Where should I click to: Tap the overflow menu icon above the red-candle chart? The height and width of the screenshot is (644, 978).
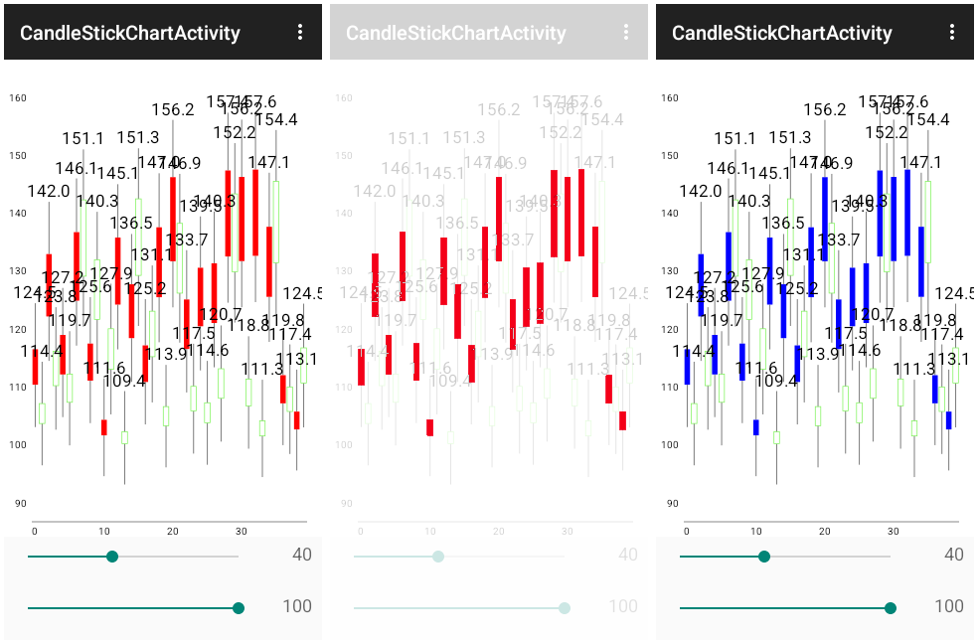[x=300, y=33]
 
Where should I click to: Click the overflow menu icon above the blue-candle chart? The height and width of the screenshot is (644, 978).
[x=952, y=33]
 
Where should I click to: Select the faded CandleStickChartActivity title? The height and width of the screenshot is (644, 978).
[x=455, y=33]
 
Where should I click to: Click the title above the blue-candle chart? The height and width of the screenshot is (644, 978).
[x=781, y=33]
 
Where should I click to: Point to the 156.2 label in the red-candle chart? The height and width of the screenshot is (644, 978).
[x=173, y=110]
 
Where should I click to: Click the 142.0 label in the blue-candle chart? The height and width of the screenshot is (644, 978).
[x=701, y=191]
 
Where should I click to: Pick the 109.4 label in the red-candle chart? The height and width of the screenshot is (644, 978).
[x=124, y=381]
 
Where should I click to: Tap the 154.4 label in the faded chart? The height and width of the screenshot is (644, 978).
[x=601, y=120]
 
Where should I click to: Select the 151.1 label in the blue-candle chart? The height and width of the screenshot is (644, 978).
[x=734, y=139]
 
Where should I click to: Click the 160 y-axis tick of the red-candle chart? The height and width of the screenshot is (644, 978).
[x=18, y=98]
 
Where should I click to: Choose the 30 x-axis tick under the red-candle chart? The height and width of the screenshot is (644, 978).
[x=241, y=532]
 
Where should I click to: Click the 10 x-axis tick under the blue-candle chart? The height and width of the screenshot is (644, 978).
[x=755, y=532]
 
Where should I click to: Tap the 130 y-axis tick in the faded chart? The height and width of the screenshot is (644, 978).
[x=344, y=271]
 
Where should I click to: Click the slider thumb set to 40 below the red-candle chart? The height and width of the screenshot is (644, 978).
[x=111, y=557]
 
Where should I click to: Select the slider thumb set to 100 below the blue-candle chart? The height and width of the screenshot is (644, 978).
[x=890, y=608]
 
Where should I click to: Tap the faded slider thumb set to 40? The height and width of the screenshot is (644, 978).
[x=437, y=557]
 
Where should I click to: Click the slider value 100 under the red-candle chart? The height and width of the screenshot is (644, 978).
[x=297, y=606]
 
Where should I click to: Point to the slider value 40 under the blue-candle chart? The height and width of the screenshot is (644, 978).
[x=953, y=555]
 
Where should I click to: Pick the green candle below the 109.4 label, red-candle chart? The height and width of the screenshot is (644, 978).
[x=125, y=437]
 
